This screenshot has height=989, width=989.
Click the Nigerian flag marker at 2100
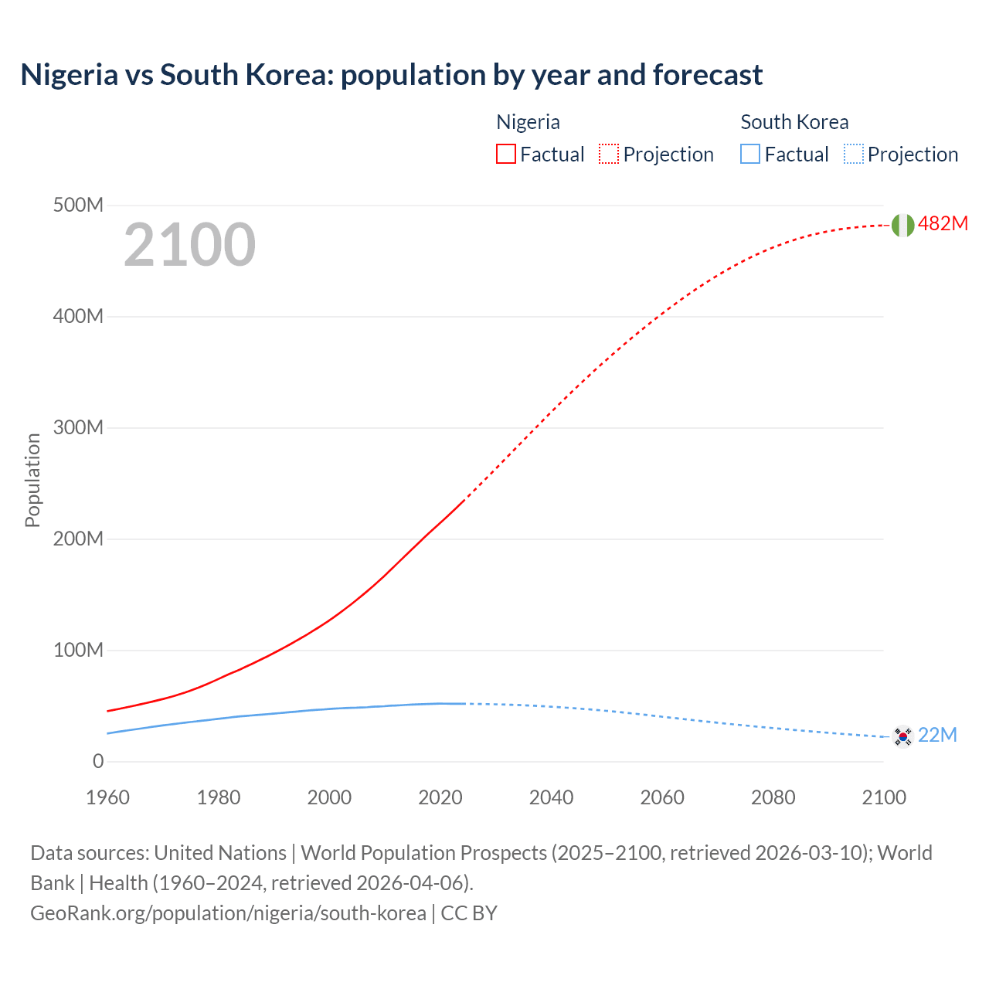point(902,225)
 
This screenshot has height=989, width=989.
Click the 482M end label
point(943,224)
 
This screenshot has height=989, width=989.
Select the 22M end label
point(937,735)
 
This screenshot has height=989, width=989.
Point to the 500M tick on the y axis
point(78,206)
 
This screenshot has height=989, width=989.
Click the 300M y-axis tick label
point(78,428)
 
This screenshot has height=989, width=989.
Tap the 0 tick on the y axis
point(98,762)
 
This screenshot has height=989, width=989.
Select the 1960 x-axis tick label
point(107,797)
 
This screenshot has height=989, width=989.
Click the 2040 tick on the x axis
point(551,797)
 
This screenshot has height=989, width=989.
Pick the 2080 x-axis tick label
point(773,797)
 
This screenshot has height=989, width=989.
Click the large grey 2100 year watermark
point(189,245)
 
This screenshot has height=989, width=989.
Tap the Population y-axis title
point(32,480)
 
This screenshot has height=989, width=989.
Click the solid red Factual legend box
point(505,154)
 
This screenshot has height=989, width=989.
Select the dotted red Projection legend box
point(609,154)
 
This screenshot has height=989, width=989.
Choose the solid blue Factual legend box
point(750,154)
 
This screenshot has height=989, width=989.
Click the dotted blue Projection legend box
point(853,154)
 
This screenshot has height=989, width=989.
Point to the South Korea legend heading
point(794,122)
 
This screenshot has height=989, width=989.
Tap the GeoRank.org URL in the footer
point(228,913)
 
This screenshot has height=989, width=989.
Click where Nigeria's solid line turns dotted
point(464,501)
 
